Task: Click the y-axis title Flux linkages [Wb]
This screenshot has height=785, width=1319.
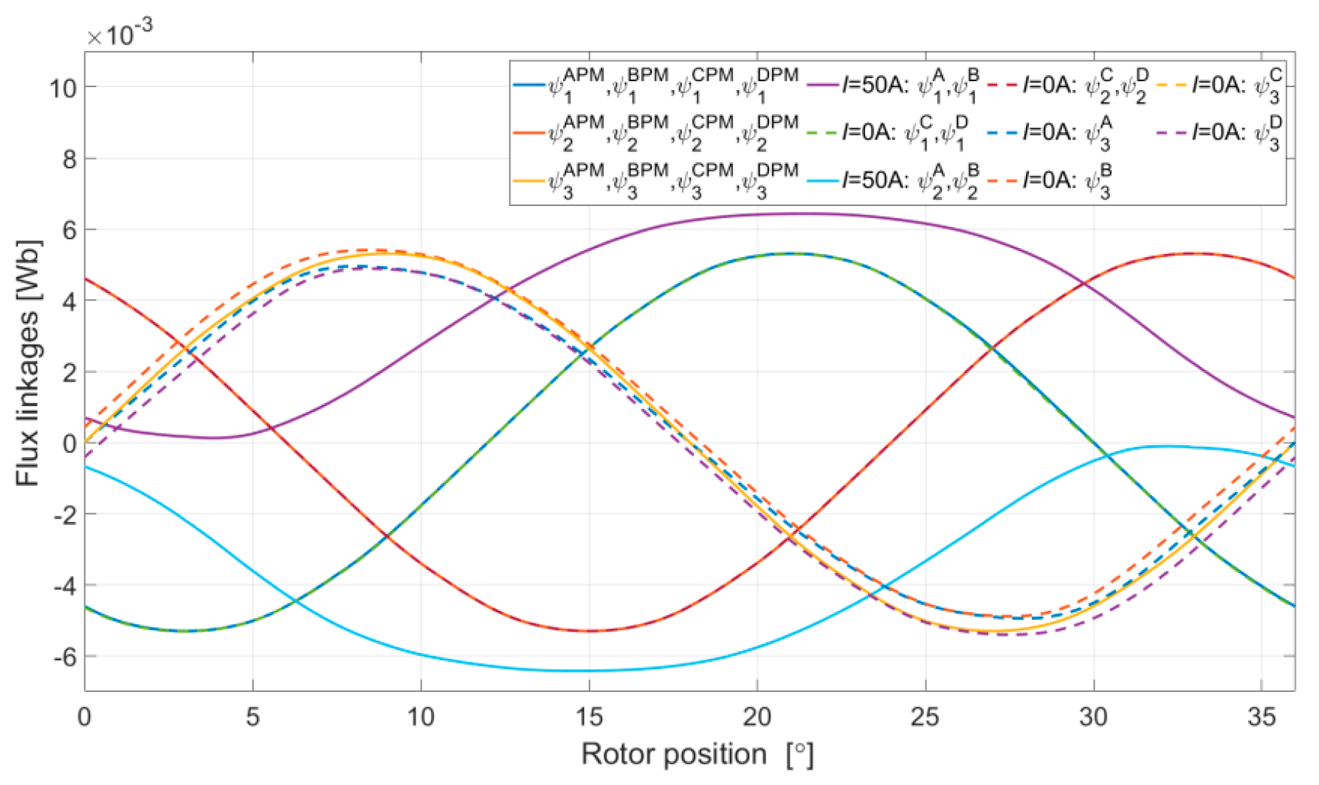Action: (28, 363)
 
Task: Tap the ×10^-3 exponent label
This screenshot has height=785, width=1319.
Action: (120, 33)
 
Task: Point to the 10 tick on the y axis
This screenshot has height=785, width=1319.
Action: (63, 89)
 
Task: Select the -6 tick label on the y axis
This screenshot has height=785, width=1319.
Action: (65, 657)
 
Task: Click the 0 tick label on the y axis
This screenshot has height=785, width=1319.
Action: (70, 444)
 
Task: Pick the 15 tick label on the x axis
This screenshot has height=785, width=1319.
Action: (589, 716)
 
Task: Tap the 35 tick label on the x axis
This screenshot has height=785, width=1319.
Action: (1261, 716)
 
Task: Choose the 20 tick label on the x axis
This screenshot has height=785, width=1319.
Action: (757, 716)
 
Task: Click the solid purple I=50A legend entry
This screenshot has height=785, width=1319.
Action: (893, 85)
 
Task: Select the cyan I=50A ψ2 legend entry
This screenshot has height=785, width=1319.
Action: (893, 179)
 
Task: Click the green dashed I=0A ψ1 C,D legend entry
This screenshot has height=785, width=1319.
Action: (893, 133)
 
